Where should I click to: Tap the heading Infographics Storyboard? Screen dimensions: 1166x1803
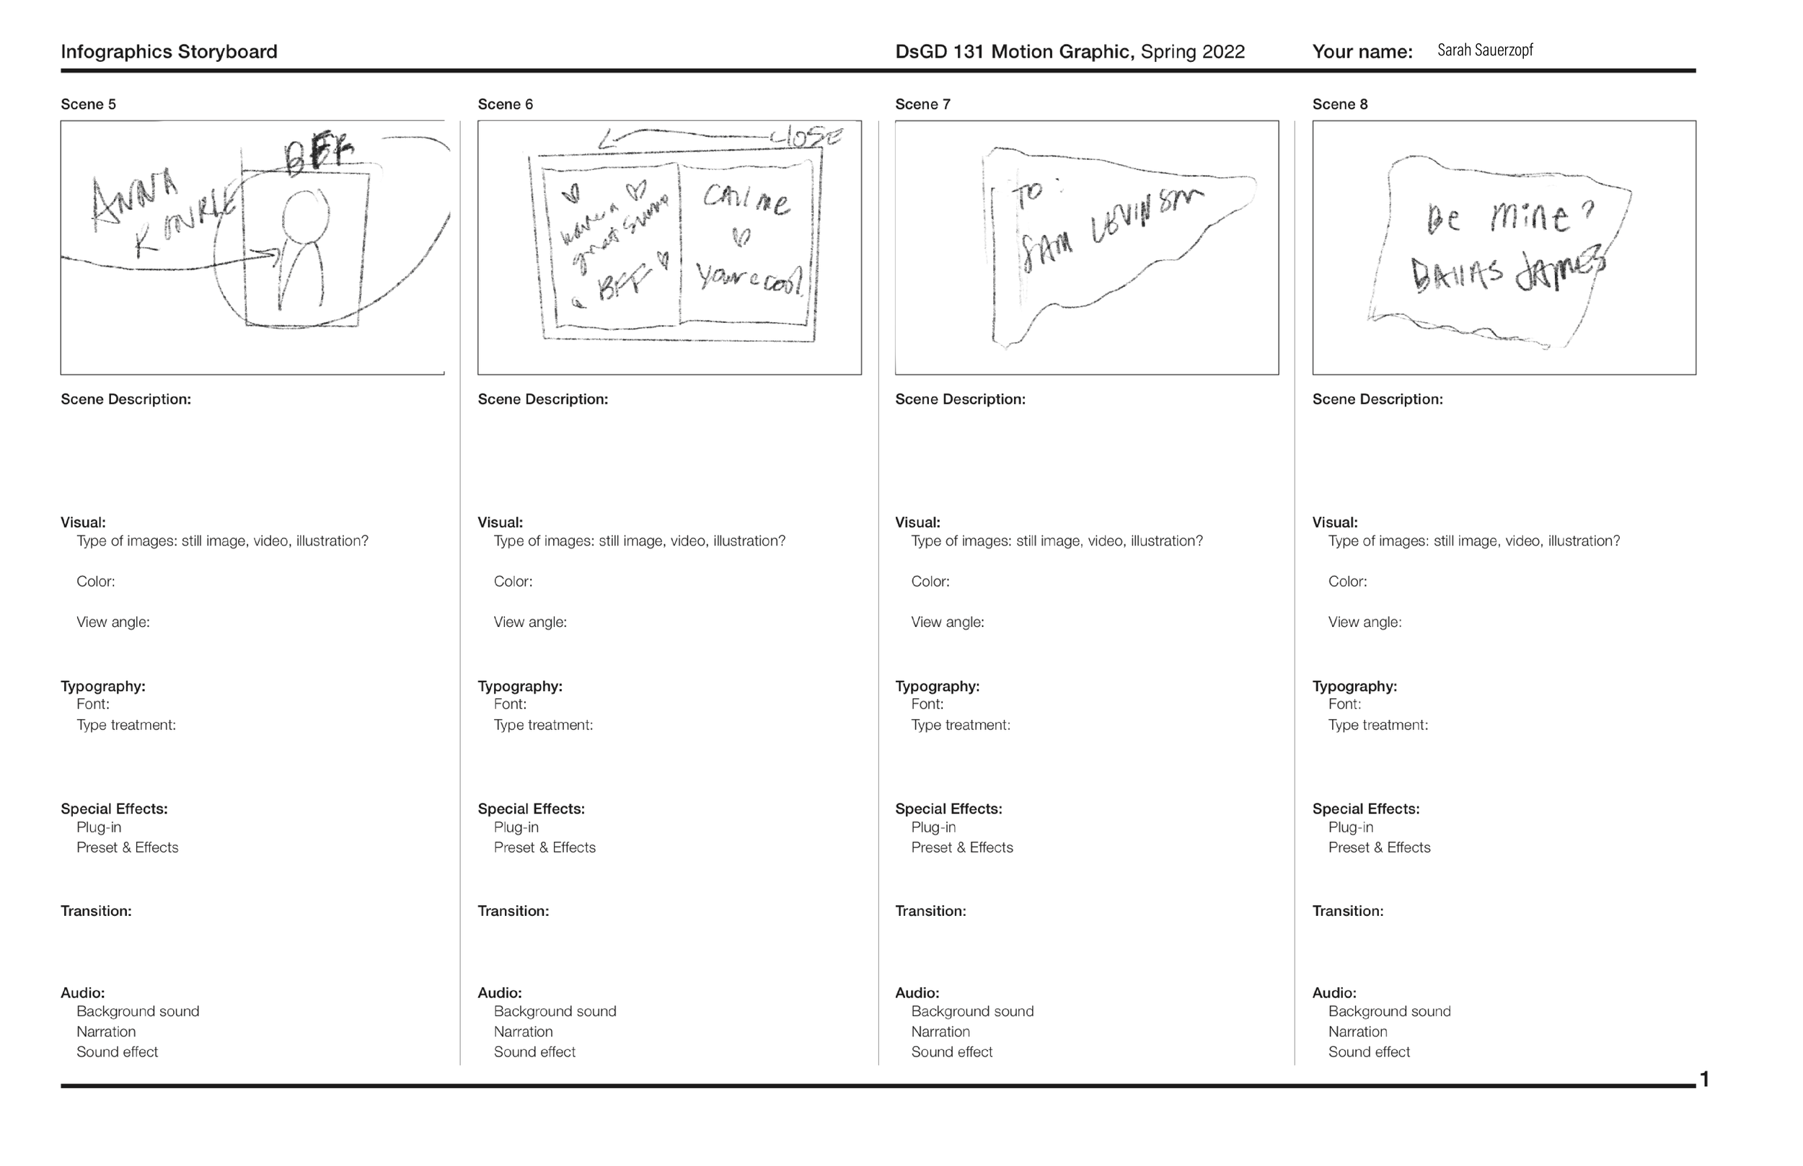[x=169, y=51]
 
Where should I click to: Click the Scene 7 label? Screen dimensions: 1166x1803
[x=922, y=104]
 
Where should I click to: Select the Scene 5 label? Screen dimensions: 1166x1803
[x=88, y=104]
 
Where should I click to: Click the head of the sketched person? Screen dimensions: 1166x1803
[x=304, y=215]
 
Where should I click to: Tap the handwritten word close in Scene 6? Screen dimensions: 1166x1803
[x=806, y=137]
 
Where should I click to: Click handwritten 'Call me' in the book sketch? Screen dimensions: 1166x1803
[x=746, y=200]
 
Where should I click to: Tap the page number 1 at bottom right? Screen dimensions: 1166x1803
[x=1704, y=1079]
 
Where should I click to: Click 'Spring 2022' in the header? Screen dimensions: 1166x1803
[x=1192, y=51]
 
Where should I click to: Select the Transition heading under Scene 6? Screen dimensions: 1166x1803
[x=513, y=911]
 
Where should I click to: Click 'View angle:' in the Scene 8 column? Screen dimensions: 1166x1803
[x=1365, y=623]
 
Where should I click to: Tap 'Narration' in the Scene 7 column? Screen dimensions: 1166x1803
[x=940, y=1031]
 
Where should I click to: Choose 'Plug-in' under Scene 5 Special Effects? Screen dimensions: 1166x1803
[x=99, y=827]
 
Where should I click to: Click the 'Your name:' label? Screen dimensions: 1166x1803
[x=1362, y=51]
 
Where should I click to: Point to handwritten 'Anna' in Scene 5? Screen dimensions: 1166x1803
[x=134, y=200]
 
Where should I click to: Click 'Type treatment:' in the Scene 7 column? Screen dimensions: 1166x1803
[x=961, y=726]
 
